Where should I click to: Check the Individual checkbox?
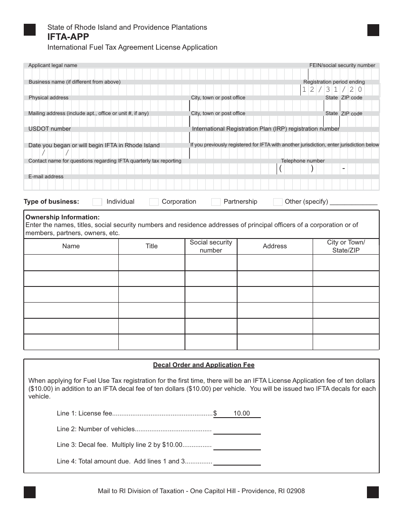pyautogui.click(x=97, y=202)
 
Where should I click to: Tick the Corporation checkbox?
pyautogui.click(x=154, y=202)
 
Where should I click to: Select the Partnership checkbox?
pyautogui.click(x=216, y=202)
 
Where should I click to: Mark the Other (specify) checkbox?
pyautogui.click(x=278, y=202)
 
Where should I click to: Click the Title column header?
pyautogui.click(x=151, y=246)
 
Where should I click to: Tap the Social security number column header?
pyautogui.click(x=211, y=246)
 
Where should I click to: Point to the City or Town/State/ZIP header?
pyautogui.click(x=346, y=246)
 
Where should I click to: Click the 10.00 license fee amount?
pyautogui.click(x=241, y=413)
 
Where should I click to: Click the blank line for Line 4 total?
pyautogui.click(x=237, y=462)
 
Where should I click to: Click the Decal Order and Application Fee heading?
pyautogui.click(x=204, y=365)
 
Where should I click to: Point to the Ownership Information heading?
pyautogui.click(x=63, y=217)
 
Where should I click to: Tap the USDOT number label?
pyautogui.click(x=50, y=129)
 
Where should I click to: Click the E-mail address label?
pyautogui.click(x=46, y=177)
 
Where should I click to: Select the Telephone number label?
pyautogui.click(x=302, y=161)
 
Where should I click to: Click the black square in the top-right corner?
pyautogui.click(x=373, y=30)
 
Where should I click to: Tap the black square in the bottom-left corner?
pyautogui.click(x=30, y=492)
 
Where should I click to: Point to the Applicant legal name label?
pyautogui.click(x=53, y=65)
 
